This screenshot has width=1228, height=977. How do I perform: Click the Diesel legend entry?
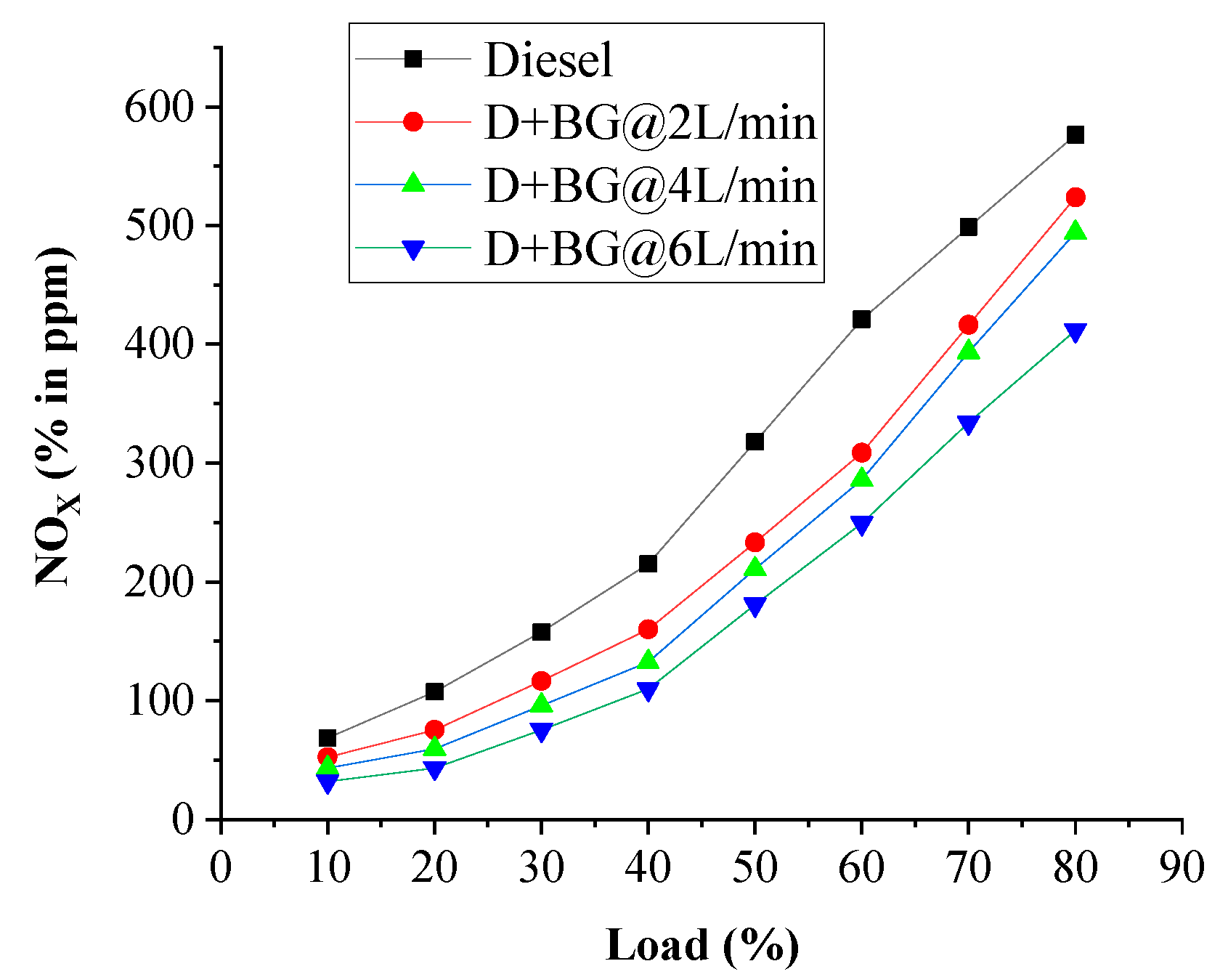pos(548,60)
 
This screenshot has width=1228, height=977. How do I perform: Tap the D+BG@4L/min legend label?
pos(650,185)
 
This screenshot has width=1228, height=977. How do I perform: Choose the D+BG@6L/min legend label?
pos(650,248)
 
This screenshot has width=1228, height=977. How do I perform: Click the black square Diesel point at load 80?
pos(1075,135)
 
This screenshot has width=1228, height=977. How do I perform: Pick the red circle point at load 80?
pos(1075,198)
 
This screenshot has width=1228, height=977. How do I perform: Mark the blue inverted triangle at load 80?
pos(1075,332)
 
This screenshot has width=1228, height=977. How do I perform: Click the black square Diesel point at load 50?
pos(755,442)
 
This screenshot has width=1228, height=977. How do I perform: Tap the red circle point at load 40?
pos(648,629)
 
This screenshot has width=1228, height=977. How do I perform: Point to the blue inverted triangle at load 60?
pos(861,524)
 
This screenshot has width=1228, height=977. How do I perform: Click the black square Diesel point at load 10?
pos(328,739)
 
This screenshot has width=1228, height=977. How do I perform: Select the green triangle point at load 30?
pos(541,703)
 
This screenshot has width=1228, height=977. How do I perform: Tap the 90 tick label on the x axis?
pos(1182,867)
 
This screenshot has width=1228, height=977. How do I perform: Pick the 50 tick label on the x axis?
pos(755,867)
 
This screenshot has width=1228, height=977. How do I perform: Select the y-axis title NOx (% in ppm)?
pos(57,417)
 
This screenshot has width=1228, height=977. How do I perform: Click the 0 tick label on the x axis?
pos(221,867)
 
